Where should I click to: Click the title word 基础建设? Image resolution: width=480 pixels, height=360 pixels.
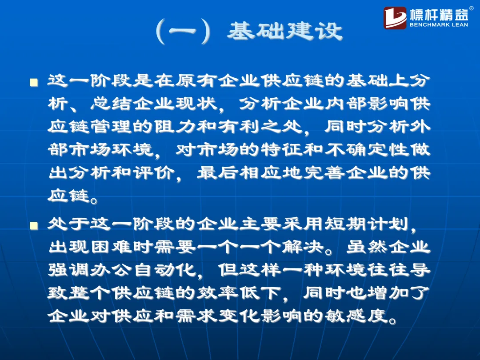(285, 31)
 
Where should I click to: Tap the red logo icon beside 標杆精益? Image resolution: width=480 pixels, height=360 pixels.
(395, 18)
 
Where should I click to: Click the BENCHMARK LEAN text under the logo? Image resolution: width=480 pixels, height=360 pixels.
(439, 25)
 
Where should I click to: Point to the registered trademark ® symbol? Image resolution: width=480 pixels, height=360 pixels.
(471, 8)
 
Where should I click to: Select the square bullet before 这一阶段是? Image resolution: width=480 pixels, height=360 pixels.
(34, 82)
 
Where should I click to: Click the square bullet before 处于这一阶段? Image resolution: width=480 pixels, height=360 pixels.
(34, 226)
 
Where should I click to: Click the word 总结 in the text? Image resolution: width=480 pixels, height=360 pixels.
(112, 104)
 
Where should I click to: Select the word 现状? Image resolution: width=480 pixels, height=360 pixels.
(196, 104)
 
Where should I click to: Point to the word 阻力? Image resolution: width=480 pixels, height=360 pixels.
(175, 126)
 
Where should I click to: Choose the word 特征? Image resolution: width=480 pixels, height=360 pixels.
(282, 149)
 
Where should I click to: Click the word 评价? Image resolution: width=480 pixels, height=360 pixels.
(154, 172)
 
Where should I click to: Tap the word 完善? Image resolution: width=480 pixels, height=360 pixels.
(324, 172)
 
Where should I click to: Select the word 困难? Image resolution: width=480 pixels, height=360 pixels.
(112, 247)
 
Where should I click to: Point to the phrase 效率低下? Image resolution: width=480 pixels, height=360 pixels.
(239, 293)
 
